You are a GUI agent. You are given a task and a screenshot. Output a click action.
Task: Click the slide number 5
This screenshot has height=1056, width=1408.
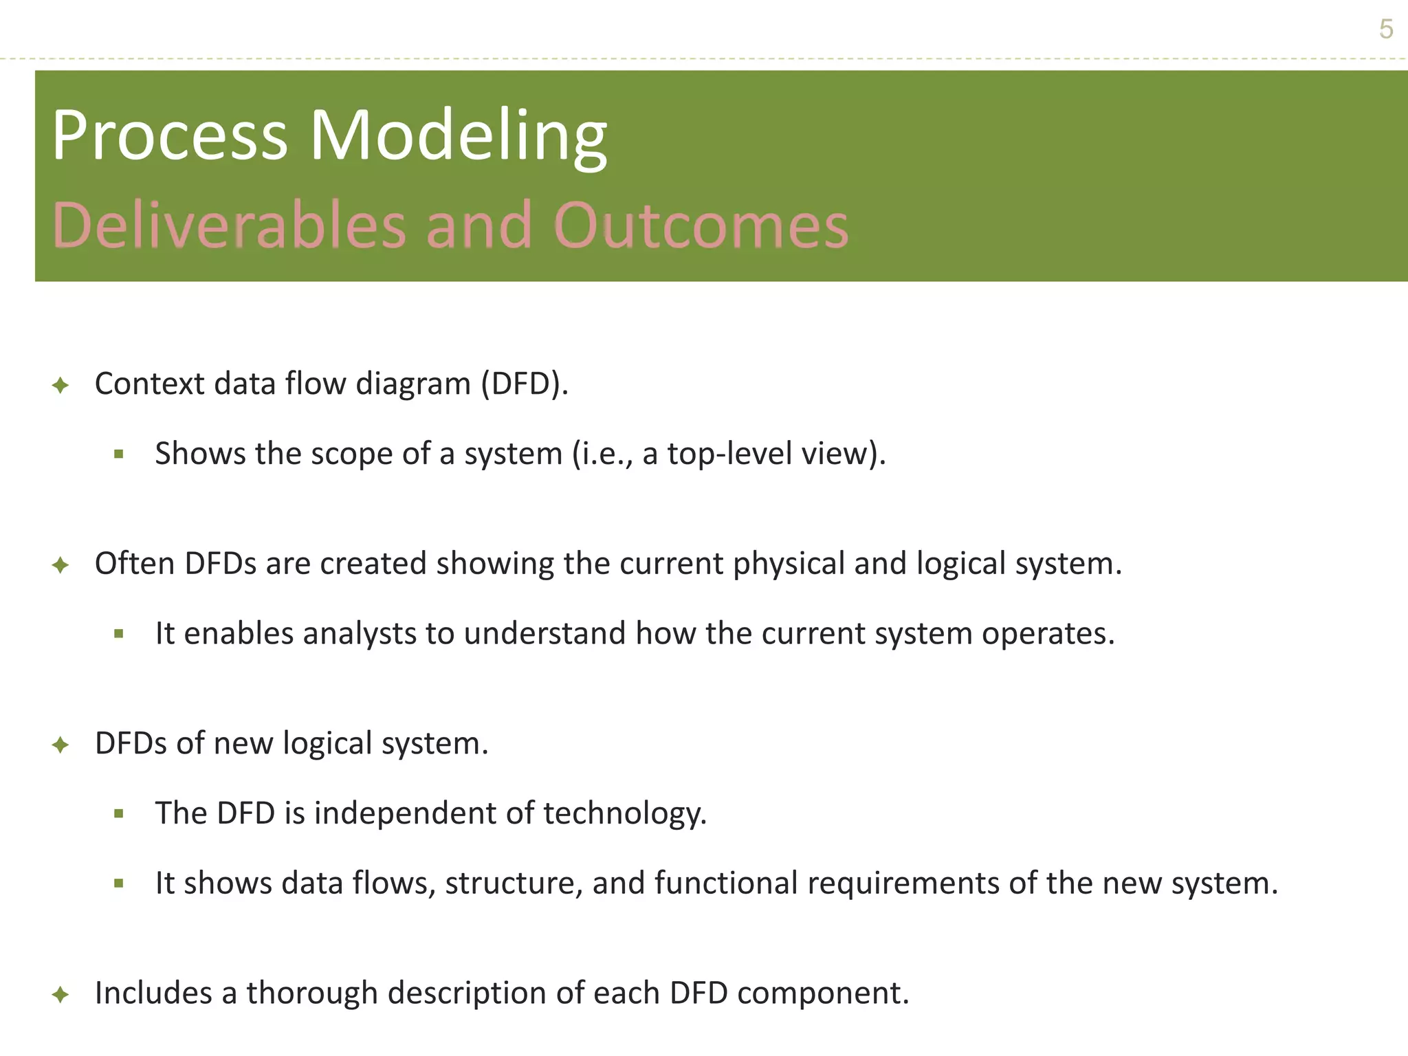tap(1386, 30)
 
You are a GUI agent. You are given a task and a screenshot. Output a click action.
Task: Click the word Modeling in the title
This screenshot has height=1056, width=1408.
tap(459, 136)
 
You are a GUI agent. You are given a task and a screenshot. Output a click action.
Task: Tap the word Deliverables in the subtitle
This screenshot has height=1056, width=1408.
tap(229, 225)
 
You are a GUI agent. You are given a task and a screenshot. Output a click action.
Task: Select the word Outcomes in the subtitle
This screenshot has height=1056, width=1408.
tap(701, 225)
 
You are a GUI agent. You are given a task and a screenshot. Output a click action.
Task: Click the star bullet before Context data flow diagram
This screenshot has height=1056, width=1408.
tap(60, 385)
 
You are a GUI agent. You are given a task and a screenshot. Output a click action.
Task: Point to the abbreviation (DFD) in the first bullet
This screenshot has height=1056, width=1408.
tap(524, 384)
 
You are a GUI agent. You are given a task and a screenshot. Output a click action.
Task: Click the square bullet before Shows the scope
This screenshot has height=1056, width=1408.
tap(119, 454)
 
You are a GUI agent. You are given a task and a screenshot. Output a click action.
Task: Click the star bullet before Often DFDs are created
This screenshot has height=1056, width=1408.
tap(60, 565)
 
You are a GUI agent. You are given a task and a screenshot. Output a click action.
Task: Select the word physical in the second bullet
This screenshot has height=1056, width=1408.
tap(789, 564)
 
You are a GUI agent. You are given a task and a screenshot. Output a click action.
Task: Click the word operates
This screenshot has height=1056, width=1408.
tap(1048, 633)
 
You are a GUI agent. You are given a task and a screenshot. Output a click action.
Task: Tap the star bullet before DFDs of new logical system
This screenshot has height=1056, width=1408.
tap(60, 745)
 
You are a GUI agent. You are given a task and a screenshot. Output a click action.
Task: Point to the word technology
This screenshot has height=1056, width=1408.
tap(624, 813)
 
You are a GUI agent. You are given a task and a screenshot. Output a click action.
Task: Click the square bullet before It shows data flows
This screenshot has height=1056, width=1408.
tap(119, 883)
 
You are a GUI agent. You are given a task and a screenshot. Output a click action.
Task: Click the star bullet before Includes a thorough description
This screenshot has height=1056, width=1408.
tap(60, 994)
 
